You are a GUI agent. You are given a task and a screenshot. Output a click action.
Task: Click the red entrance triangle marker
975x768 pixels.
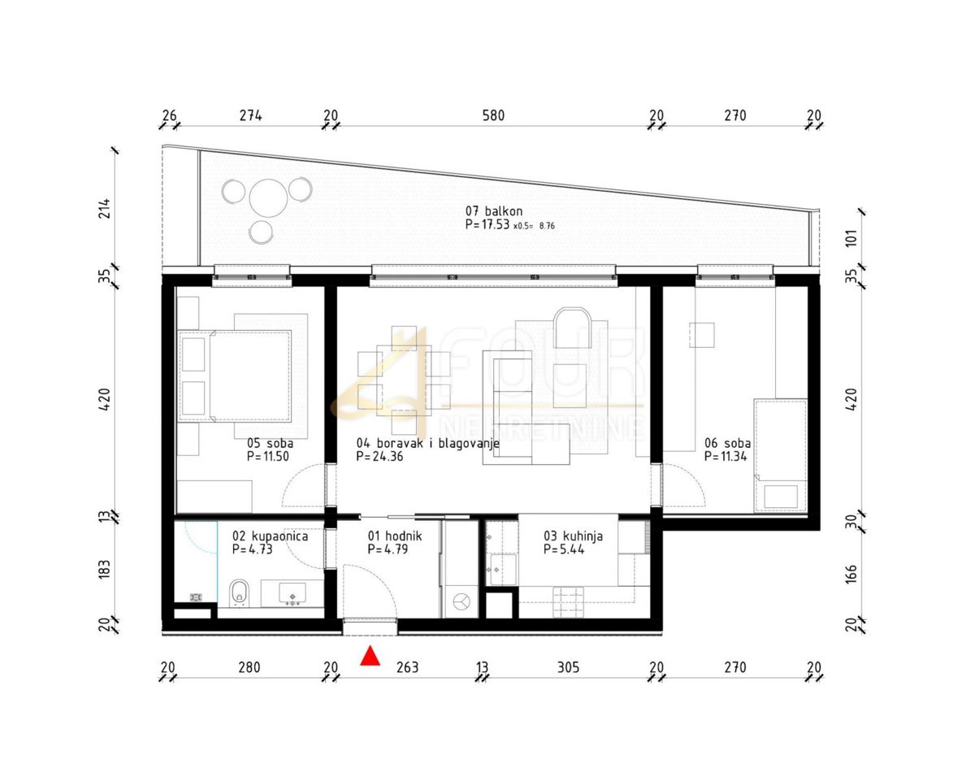tap(370, 656)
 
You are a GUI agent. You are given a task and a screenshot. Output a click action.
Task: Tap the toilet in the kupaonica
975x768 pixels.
tap(239, 593)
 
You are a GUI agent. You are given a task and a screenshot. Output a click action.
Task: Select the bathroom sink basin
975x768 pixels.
tap(292, 593)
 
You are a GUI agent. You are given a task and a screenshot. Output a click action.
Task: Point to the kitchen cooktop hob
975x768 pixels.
tap(569, 601)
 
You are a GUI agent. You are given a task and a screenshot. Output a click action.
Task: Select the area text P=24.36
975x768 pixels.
tap(379, 456)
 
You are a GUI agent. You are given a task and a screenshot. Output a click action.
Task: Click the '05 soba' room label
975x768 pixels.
tap(270, 443)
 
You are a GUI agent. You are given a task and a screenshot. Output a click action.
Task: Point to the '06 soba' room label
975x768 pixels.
tap(728, 443)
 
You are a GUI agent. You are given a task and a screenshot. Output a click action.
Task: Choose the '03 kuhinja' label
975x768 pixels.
tap(573, 536)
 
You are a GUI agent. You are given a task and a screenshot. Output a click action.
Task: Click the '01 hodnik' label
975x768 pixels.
tap(395, 536)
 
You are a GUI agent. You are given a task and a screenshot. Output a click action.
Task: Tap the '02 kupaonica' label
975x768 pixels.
tap(270, 536)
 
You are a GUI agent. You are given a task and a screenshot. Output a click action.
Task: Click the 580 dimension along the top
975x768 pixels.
tap(493, 115)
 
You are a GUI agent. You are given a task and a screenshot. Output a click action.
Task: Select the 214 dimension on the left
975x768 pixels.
tap(105, 208)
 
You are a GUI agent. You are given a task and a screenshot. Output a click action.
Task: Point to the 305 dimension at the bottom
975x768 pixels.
tap(568, 667)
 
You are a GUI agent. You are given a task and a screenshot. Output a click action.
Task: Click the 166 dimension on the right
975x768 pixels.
tap(851, 574)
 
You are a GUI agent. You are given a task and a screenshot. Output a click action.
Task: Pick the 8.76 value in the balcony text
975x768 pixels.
tap(547, 226)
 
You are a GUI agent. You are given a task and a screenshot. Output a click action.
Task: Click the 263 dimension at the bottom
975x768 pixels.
tap(407, 667)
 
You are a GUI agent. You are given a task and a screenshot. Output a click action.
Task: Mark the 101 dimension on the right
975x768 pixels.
tap(851, 238)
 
